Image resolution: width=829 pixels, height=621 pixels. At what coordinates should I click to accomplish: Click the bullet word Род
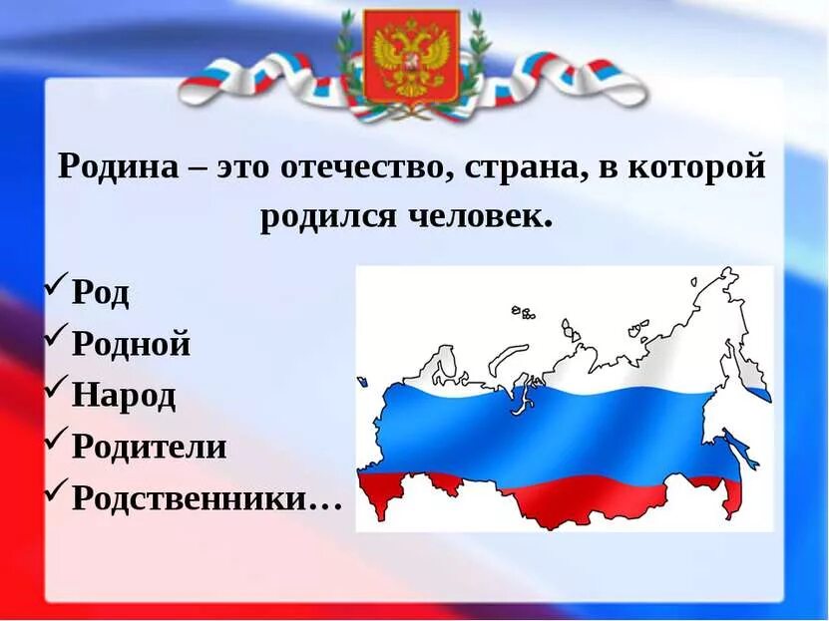coord(101,294)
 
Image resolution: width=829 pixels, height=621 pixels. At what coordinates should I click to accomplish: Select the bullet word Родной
coord(131,345)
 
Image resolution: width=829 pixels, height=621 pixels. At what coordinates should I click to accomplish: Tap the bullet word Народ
coord(124,396)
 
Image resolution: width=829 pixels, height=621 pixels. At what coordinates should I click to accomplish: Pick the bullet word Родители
coord(150,447)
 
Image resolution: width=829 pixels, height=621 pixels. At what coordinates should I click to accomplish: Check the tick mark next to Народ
coord(56,391)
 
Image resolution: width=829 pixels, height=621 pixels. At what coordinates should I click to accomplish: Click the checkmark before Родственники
coord(56,492)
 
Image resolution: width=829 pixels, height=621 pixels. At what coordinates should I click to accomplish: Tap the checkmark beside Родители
coord(56,442)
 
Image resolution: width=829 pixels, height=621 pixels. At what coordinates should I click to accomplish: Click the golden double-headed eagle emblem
coord(410,57)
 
